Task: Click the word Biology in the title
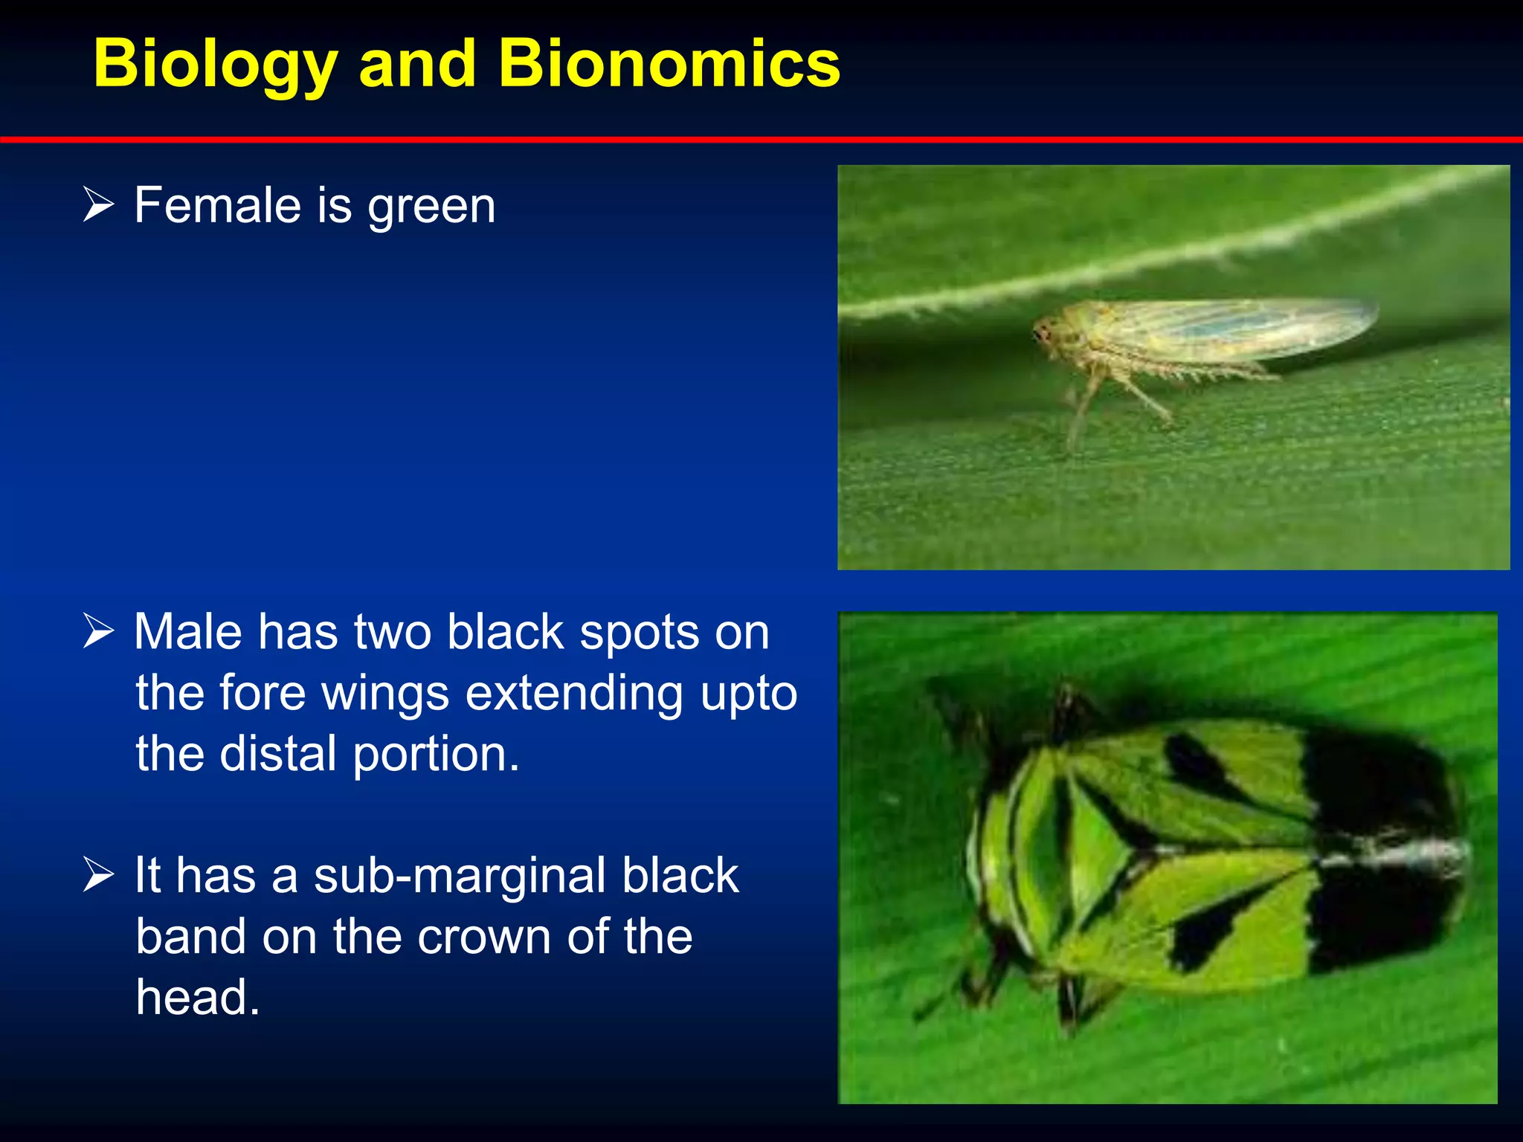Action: pos(216,65)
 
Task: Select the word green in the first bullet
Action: pos(431,208)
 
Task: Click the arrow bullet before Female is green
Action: pos(98,205)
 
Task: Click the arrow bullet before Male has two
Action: pos(98,631)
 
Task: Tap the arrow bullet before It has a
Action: pos(98,874)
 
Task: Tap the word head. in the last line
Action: pos(198,998)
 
